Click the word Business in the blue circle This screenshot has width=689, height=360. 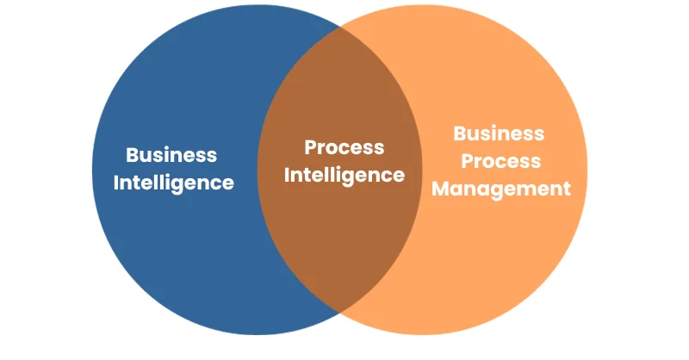(171, 155)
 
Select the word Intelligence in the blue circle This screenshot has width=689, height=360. (174, 183)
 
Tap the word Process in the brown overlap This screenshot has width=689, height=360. (344, 147)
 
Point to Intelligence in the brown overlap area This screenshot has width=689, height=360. (344, 176)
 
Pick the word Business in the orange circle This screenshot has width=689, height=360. (499, 133)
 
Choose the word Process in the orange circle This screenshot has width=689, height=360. (501, 161)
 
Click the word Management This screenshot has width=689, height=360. (501, 189)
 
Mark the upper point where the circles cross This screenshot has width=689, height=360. (339, 27)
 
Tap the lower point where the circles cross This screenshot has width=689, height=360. (339, 313)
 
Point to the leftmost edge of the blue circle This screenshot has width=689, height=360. (92, 170)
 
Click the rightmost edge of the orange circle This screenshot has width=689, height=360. (587, 170)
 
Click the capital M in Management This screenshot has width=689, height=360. (441, 189)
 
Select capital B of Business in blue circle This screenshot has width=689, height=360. (133, 155)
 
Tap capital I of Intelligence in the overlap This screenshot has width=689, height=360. (287, 175)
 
